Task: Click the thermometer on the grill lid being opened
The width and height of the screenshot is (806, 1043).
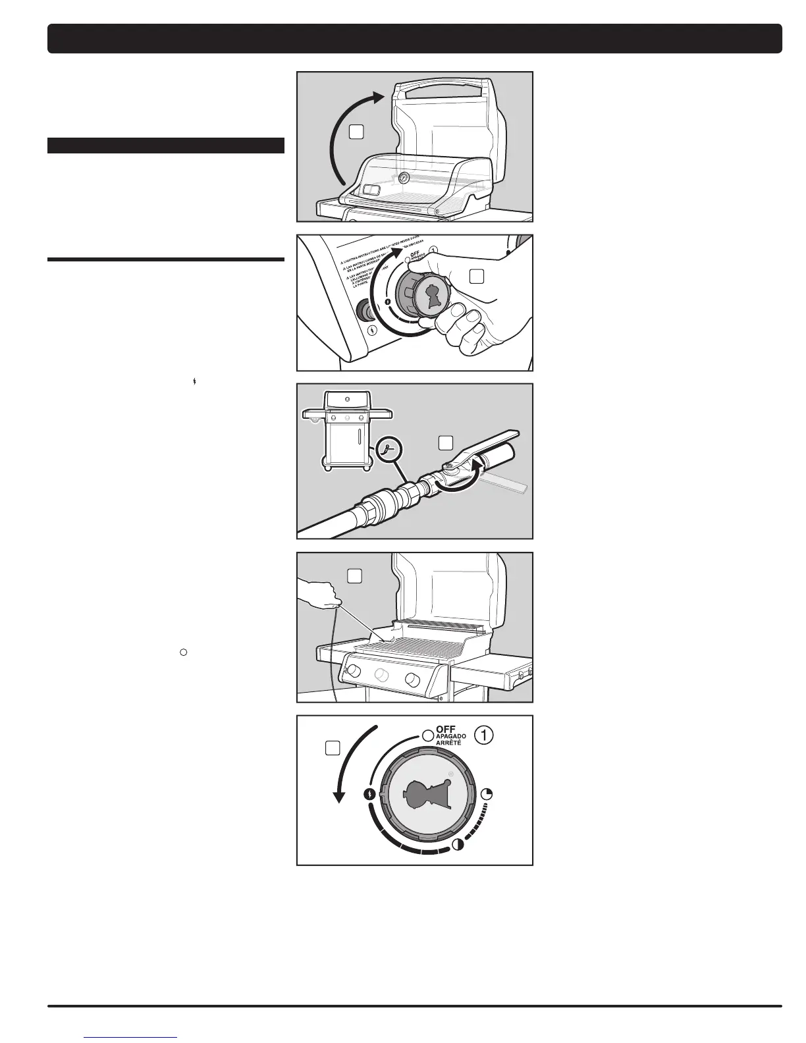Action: pos(403,178)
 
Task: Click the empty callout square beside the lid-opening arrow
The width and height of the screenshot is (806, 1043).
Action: pos(356,132)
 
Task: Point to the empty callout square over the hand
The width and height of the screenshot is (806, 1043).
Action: pos(477,277)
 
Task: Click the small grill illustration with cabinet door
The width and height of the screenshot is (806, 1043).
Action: pos(346,433)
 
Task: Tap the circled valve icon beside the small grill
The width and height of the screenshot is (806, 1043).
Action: pos(388,449)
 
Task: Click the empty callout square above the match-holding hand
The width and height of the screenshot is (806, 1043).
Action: pos(354,575)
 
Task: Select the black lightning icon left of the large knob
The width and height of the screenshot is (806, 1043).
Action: pos(370,794)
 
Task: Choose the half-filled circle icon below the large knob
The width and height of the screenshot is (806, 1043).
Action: pos(457,845)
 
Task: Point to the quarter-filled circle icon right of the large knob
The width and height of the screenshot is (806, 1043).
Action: pos(487,793)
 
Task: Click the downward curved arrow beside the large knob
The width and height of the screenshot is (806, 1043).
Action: pos(349,764)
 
